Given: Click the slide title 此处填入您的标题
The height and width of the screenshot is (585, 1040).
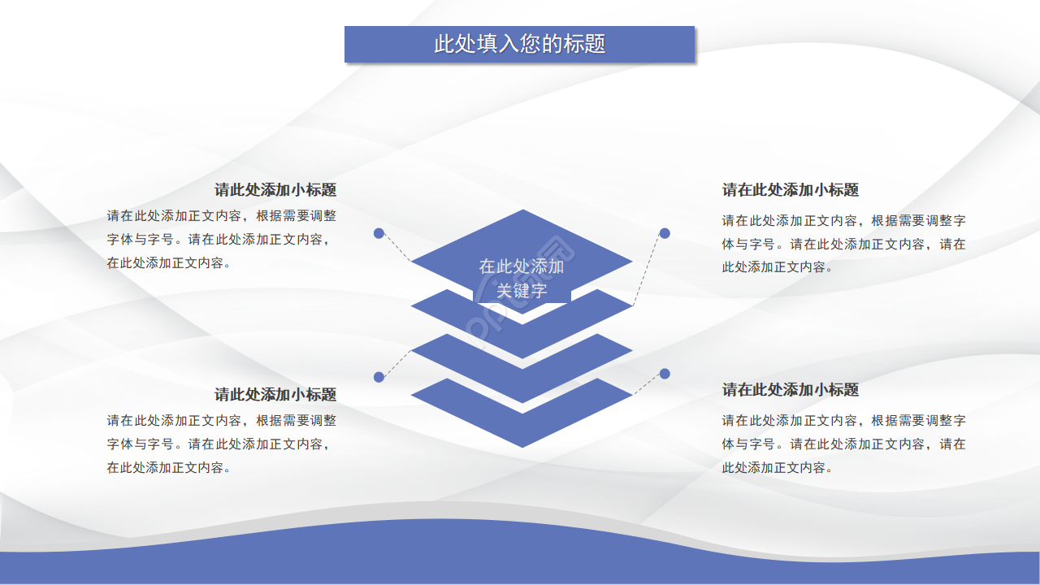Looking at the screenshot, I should tap(520, 44).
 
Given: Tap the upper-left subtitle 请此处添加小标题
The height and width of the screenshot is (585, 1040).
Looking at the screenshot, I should tap(275, 190).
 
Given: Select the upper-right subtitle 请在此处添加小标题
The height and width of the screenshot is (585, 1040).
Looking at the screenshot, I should tap(791, 190).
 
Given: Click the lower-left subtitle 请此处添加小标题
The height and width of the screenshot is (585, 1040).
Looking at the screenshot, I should tap(275, 395).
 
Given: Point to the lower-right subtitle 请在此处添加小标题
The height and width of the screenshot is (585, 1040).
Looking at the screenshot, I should tap(791, 390).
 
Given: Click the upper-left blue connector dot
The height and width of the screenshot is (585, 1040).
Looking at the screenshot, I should tap(379, 233).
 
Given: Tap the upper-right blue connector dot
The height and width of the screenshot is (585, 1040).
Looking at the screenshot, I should tap(665, 233).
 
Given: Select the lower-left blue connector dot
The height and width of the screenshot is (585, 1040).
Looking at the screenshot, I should tap(379, 377).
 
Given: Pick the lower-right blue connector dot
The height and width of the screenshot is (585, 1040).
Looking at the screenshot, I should tap(665, 374).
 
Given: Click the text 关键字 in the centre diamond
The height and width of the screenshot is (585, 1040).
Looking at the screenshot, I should tap(522, 291).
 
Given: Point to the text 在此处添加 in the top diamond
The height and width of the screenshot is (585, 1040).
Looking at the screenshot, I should tap(522, 266).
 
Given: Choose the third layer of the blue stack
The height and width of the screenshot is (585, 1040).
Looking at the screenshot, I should tap(522, 366).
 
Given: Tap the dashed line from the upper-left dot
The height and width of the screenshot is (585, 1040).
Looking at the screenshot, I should tap(396, 247).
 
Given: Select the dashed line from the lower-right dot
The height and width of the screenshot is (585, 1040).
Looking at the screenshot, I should tap(648, 383).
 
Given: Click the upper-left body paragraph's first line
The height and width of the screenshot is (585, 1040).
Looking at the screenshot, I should tap(221, 216).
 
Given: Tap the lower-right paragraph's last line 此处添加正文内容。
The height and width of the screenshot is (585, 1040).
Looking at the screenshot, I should tap(778, 468).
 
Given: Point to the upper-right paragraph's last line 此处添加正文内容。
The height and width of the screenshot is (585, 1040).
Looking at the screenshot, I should tap(778, 267).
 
